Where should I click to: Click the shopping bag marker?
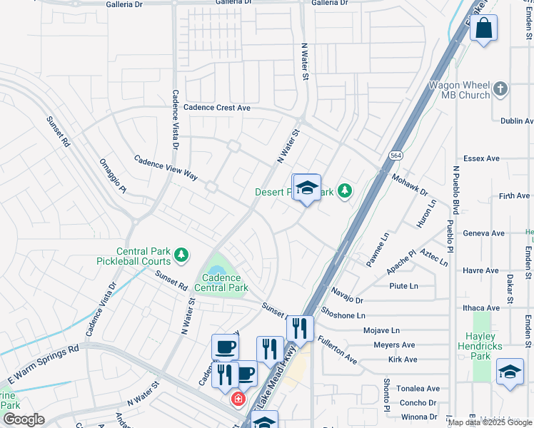tap(483, 29)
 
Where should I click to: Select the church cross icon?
tap(500, 89)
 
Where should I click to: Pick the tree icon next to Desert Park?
tap(345, 190)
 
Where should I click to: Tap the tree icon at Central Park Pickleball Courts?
tap(182, 254)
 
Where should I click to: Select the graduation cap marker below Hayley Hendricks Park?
tap(510, 372)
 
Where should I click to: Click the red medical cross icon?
tap(236, 399)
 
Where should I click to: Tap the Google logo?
tap(23, 419)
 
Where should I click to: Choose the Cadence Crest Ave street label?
tap(217, 108)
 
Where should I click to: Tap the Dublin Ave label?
tap(517, 121)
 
